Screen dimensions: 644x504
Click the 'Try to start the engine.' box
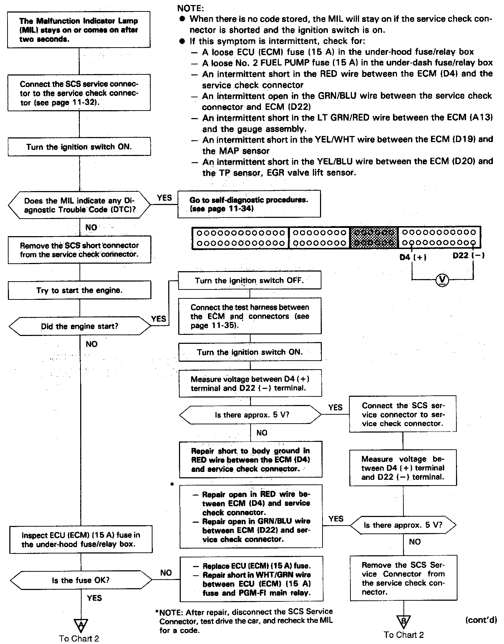pos(79,291)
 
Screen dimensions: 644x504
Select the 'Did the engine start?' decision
pos(79,326)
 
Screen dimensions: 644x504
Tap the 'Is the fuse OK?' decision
pos(81,580)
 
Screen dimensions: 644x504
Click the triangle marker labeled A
pos(81,624)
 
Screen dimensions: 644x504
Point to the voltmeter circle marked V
pos(442,279)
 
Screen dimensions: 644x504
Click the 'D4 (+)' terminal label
pos(413,257)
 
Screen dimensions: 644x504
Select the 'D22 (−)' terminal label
pos(468,256)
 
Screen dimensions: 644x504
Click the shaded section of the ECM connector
pos(374,238)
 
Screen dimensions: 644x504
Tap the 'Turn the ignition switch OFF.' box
pos(249,280)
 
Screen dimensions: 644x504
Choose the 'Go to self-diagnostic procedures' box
pos(249,204)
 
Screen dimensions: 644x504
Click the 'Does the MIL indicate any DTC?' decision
pos(79,205)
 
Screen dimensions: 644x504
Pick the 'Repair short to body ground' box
pos(251,460)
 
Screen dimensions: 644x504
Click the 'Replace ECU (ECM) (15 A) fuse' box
pos(251,579)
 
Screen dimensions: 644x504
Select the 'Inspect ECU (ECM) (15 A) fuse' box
pos(81,540)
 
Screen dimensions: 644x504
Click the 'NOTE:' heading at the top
pos(190,8)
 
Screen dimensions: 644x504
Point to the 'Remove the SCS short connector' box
pos(79,250)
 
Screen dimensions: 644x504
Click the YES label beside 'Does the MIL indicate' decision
pos(164,198)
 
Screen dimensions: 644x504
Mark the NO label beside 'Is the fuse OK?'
pos(166,573)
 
